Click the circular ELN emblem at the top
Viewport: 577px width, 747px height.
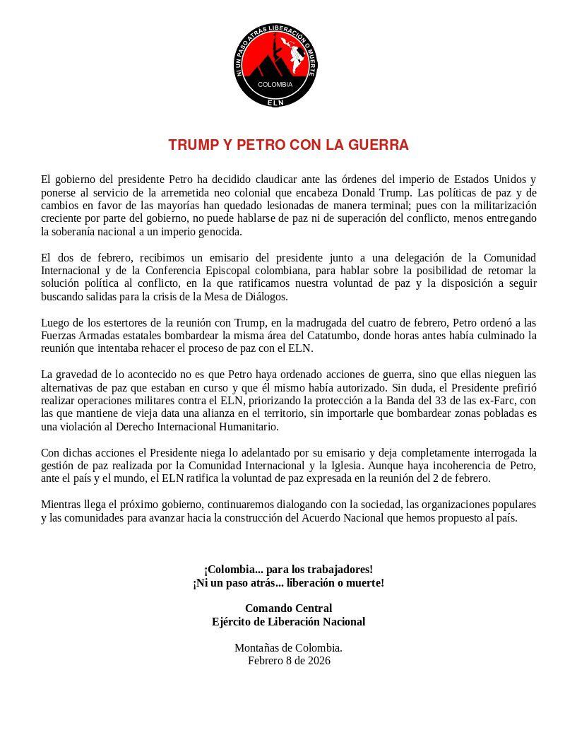[x=275, y=66]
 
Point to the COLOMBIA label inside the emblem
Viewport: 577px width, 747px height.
[x=275, y=84]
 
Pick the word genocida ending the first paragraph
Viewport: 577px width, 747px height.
[x=220, y=231]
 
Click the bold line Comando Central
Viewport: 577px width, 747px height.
[x=288, y=608]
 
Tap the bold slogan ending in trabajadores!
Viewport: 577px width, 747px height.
[x=288, y=569]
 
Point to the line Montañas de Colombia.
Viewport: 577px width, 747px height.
[x=288, y=647]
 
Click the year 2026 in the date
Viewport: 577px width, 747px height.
[x=319, y=660]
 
